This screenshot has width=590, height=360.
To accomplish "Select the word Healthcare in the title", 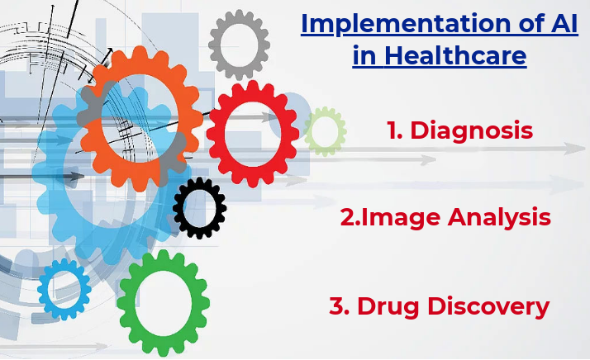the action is (x=455, y=55).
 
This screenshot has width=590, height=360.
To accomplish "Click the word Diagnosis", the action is (x=472, y=130).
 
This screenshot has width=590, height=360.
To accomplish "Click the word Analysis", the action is (x=499, y=218).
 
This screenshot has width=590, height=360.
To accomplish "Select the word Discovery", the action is (x=488, y=306).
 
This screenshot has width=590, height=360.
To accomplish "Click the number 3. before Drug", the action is (x=340, y=306).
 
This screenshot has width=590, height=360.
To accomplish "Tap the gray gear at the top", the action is (x=214, y=45).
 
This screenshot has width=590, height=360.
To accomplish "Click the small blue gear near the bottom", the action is (x=42, y=290).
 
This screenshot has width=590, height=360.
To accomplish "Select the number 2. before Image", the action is (x=350, y=217).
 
